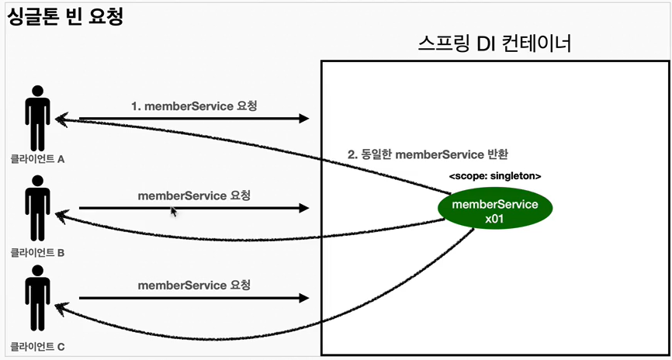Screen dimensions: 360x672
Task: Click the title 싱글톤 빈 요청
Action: pos(65,17)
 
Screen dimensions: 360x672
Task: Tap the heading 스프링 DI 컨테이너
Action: pos(494,43)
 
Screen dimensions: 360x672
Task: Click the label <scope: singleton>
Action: pos(494,176)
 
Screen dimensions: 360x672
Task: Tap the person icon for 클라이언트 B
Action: pos(36,209)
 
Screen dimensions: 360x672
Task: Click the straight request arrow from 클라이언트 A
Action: pos(194,119)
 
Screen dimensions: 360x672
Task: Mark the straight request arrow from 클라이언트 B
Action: pos(194,208)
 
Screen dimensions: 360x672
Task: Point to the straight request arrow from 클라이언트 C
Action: pos(194,298)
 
